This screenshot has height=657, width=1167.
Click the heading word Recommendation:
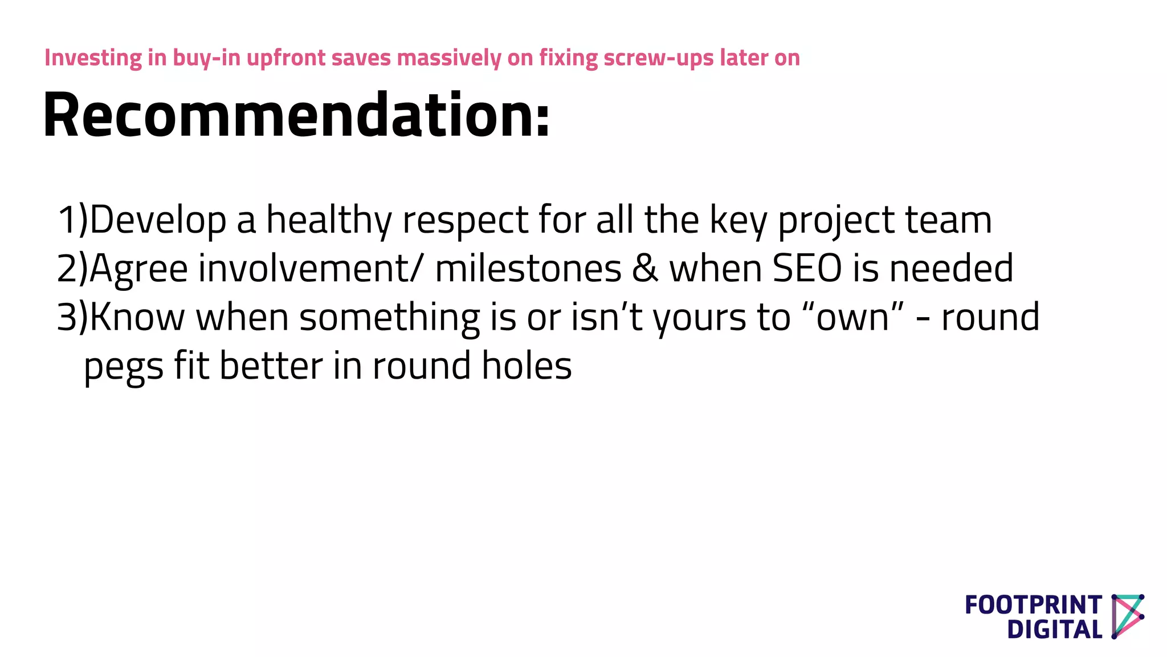[296, 115]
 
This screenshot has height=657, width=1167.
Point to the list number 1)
[72, 220]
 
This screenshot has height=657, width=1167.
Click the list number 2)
[72, 269]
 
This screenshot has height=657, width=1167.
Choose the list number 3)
[72, 317]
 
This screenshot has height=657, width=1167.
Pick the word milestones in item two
[528, 269]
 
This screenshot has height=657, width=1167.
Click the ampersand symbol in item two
[645, 269]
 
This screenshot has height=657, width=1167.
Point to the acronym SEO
[807, 269]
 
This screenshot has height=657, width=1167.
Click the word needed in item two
[951, 269]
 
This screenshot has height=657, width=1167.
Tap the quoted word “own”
[853, 317]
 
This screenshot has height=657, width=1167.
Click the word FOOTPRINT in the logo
[1033, 605]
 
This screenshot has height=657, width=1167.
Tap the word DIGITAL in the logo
[1054, 630]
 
